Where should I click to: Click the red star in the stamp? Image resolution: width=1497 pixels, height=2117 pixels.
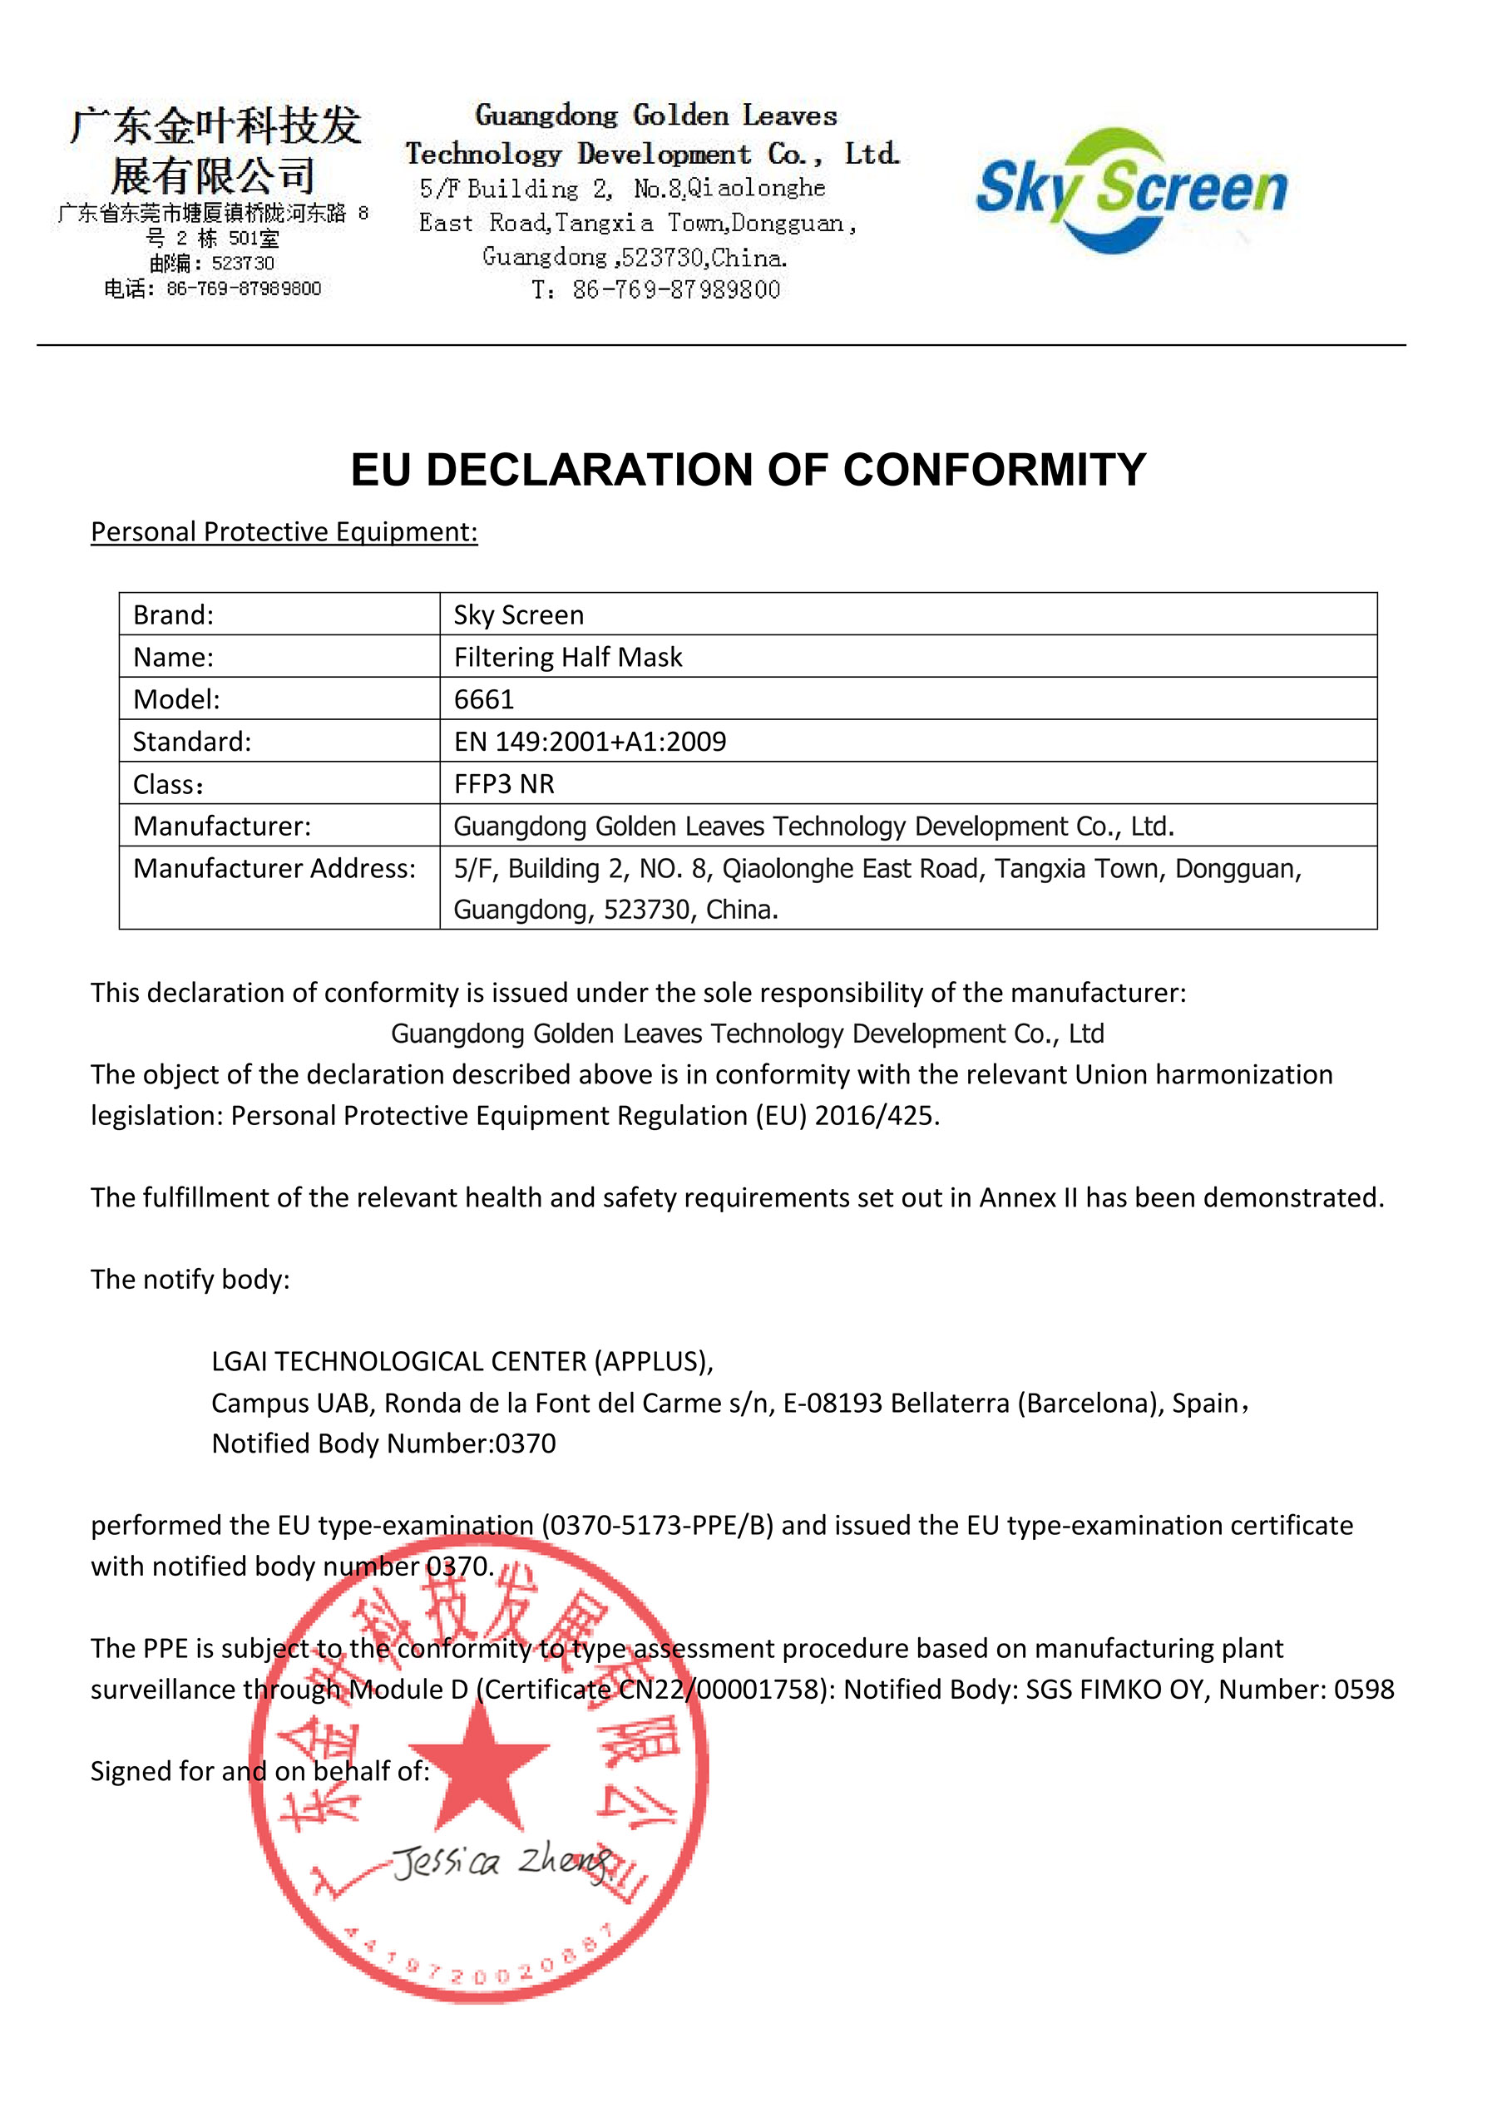coord(479,1763)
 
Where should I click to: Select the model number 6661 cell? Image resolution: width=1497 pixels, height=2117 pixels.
coord(483,699)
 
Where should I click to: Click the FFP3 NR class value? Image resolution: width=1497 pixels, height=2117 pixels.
coord(504,784)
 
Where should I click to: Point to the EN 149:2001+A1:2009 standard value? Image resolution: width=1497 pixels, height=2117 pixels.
coord(590,742)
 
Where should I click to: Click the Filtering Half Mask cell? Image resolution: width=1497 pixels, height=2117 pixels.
coord(567,658)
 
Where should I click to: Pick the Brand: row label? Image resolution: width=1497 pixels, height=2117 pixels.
coord(174,615)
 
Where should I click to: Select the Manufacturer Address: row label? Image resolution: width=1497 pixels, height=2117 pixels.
coord(274,869)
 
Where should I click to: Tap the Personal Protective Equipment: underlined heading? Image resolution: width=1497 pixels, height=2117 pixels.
coord(284,532)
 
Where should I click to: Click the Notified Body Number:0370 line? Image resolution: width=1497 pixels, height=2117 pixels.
coord(383,1443)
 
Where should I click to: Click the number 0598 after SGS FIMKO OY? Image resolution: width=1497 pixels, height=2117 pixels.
coord(1363,1689)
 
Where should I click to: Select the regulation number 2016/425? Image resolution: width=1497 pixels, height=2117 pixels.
coord(873,1116)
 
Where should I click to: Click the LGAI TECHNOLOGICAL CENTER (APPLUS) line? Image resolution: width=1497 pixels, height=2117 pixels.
coord(462,1361)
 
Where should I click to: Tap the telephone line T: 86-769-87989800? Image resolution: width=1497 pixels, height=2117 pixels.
coord(656,290)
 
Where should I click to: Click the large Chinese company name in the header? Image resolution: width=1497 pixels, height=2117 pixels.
coord(214,151)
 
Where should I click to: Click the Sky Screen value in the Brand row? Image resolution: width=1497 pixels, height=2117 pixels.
coord(518,615)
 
